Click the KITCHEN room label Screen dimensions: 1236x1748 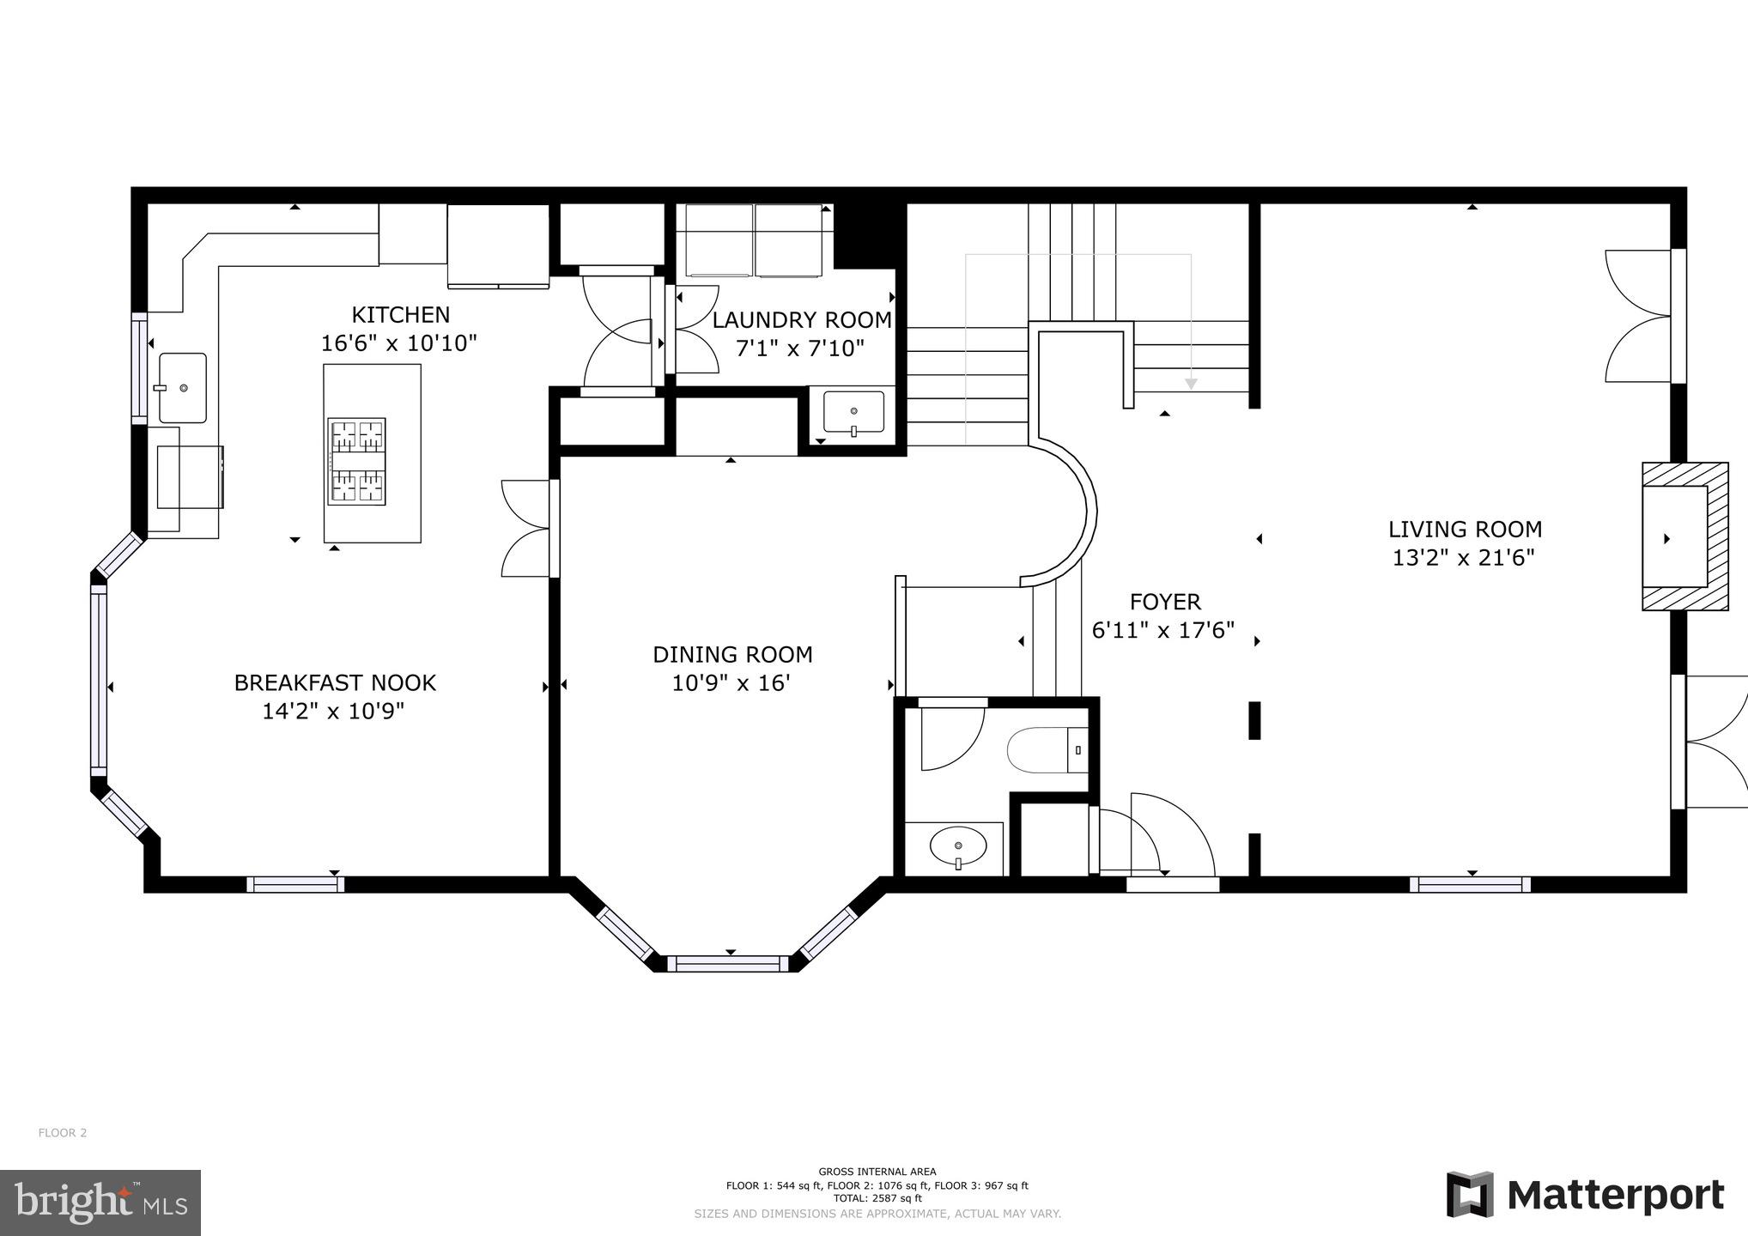[x=400, y=315]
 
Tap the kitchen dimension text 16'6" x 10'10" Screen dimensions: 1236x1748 [x=398, y=344]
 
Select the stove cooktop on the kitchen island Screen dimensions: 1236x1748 [x=356, y=461]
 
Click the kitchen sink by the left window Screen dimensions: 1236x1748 [x=182, y=388]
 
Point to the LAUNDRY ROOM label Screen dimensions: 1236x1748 [x=801, y=320]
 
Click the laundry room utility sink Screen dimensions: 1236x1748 [x=853, y=412]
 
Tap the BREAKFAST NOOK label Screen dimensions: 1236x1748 [x=335, y=683]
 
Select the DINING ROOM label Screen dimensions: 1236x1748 [x=732, y=655]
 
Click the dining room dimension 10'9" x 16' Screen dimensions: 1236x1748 [x=731, y=684]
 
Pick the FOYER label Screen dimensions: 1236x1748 [x=1165, y=602]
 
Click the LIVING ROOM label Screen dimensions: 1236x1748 [x=1465, y=530]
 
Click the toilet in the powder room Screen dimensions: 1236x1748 [x=1047, y=750]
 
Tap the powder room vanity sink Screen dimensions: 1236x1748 [x=957, y=847]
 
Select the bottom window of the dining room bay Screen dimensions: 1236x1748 [x=728, y=964]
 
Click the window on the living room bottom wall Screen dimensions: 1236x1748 [x=1469, y=884]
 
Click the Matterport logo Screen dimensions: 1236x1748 [x=1585, y=1195]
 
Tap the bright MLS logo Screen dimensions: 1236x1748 [x=100, y=1203]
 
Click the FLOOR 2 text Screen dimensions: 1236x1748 [x=63, y=1133]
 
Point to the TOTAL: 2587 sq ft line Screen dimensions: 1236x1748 [x=877, y=1198]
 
